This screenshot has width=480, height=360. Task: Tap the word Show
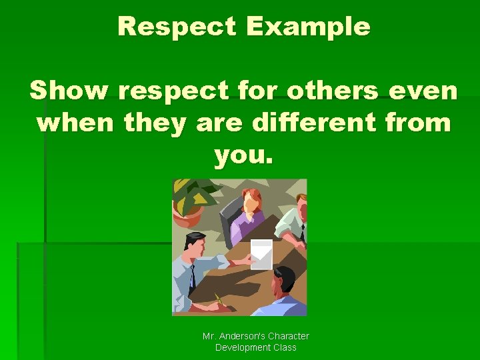click(x=71, y=91)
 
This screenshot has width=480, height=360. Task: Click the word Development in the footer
click(x=241, y=347)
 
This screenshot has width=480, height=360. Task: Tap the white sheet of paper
click(x=261, y=254)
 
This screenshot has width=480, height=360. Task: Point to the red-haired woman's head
click(x=251, y=199)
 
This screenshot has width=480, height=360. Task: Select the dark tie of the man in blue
click(x=192, y=277)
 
